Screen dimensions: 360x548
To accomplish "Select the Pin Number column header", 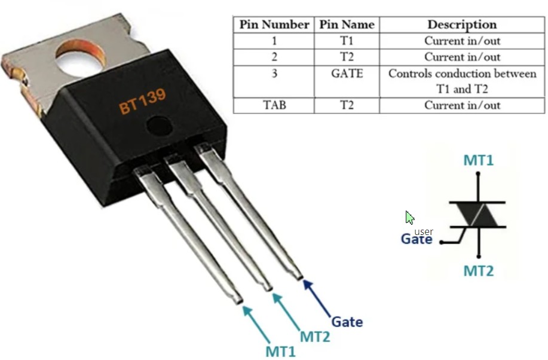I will [x=274, y=25].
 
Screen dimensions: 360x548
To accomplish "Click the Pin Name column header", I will [x=347, y=25].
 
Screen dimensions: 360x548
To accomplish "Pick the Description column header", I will [x=461, y=25].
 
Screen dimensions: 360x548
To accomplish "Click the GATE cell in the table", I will [x=347, y=74].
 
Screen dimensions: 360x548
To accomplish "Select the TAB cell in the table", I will [x=274, y=105].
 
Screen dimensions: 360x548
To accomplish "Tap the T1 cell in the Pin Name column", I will [x=347, y=41].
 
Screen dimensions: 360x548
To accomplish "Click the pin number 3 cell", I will [x=274, y=74].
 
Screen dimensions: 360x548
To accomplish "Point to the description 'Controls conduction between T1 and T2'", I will [x=461, y=81].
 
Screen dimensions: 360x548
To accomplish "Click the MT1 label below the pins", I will [x=280, y=351].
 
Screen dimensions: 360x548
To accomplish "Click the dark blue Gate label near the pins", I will [x=347, y=322].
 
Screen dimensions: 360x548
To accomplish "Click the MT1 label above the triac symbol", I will [x=479, y=160].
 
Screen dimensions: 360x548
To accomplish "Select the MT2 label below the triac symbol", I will [x=479, y=271].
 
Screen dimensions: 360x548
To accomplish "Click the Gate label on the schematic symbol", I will [x=416, y=239].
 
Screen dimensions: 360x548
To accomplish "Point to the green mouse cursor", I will [x=410, y=218].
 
